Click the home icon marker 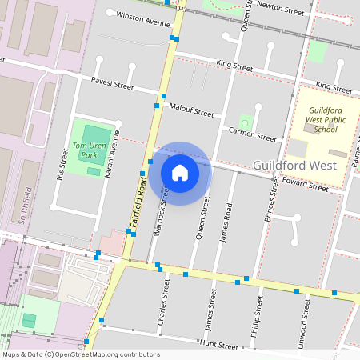coord(180,173)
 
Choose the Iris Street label coord(59,167)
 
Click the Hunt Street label coord(219,346)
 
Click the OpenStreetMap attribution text coord(82,354)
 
